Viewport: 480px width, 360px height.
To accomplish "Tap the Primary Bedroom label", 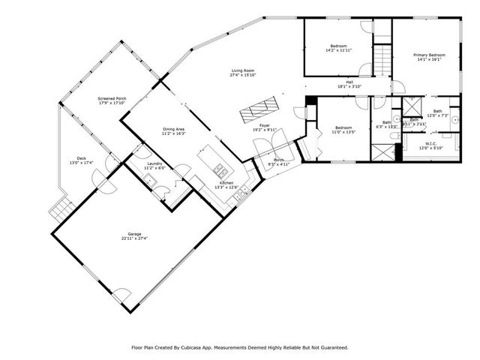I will tap(430, 55).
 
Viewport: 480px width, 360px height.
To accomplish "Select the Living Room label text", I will tap(243, 70).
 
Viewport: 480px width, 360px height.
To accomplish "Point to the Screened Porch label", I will tap(111, 99).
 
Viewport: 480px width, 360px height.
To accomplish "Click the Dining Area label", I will tap(174, 130).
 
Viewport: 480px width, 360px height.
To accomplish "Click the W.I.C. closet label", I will tap(430, 143).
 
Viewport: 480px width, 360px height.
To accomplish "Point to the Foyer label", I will tap(265, 126).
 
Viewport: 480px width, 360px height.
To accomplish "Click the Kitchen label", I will tap(226, 183).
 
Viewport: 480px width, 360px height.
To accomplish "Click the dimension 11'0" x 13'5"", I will tap(343, 133).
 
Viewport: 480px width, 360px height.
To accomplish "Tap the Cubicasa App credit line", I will tap(240, 347).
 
